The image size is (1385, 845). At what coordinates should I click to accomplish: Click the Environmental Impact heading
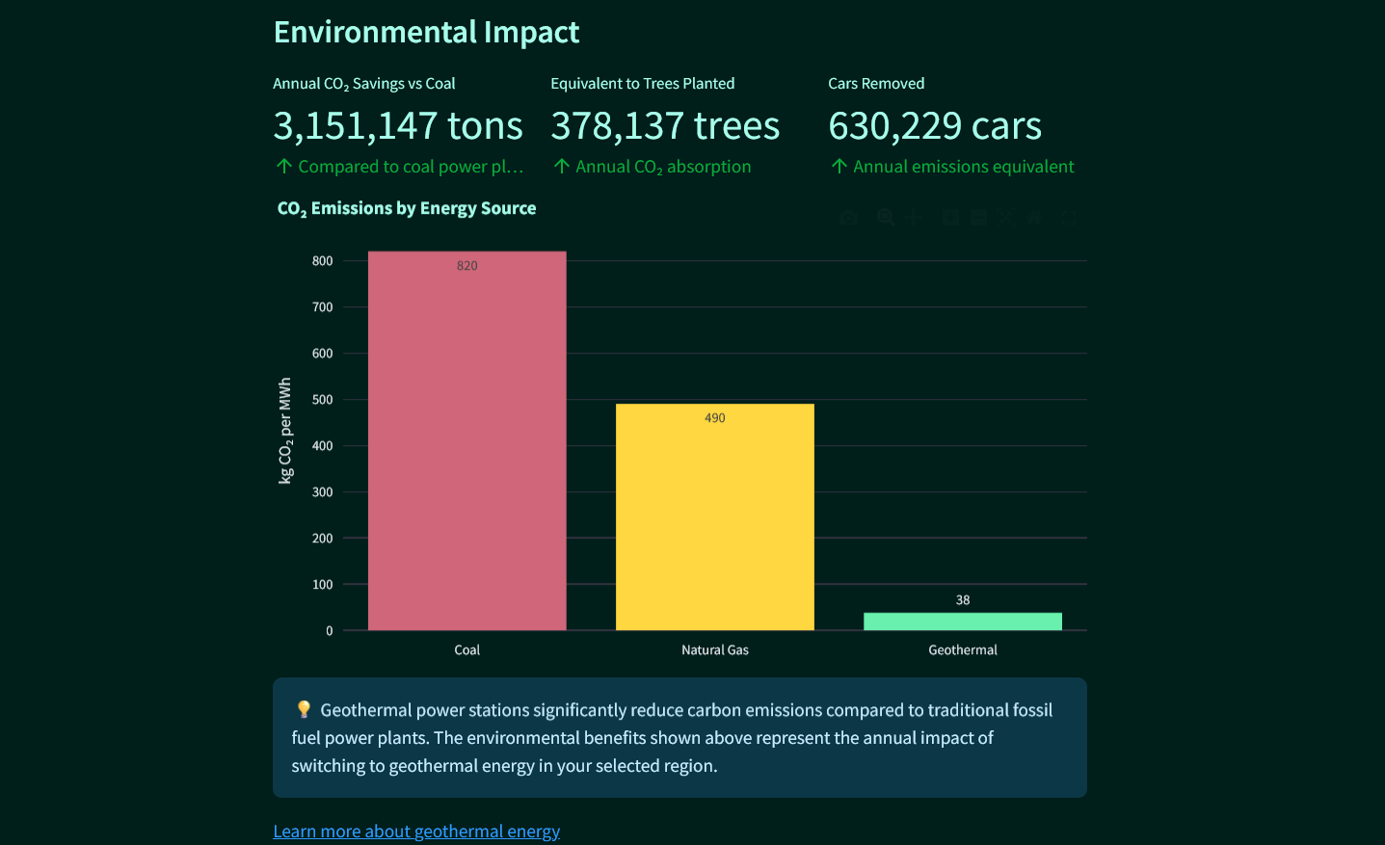(x=426, y=32)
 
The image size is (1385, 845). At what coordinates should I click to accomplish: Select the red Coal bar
(x=466, y=443)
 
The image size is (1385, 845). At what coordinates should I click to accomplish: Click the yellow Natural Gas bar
(x=714, y=520)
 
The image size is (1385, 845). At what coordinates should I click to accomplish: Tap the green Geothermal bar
(x=962, y=621)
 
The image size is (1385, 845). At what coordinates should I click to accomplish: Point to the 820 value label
(x=466, y=266)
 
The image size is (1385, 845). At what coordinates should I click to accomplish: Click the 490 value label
(x=714, y=418)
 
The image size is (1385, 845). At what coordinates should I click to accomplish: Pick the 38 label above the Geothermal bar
(x=962, y=600)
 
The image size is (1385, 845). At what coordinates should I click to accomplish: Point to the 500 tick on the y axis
(x=322, y=400)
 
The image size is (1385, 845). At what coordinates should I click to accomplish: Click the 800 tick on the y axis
(x=322, y=261)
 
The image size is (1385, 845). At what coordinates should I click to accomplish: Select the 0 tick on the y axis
(x=329, y=631)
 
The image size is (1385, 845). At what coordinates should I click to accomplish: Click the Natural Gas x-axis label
(x=714, y=650)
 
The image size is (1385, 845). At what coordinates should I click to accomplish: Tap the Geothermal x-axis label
(x=962, y=650)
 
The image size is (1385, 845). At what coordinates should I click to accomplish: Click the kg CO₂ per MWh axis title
(x=285, y=431)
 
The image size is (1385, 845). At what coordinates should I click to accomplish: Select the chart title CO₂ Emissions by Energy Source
(x=406, y=208)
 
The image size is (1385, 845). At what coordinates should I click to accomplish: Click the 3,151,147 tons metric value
(x=397, y=126)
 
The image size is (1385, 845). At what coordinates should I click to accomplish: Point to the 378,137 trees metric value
(x=665, y=126)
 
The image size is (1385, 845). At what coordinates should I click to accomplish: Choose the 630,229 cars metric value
(x=934, y=126)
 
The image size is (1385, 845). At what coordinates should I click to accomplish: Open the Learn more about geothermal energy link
(x=416, y=831)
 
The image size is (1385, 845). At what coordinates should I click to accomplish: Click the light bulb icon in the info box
(x=304, y=709)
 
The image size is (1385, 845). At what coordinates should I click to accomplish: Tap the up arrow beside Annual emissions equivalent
(x=839, y=167)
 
